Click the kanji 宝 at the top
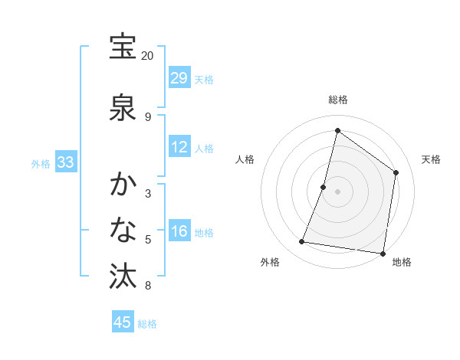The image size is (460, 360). click(x=123, y=47)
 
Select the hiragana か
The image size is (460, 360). click(x=123, y=185)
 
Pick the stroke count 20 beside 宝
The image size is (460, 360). click(x=148, y=56)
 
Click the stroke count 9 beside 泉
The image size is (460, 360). click(x=148, y=117)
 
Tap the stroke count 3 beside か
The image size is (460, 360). click(x=148, y=194)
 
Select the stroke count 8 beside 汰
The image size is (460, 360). click(x=148, y=286)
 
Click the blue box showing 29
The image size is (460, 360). click(x=179, y=78)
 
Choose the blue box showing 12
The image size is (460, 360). click(x=179, y=148)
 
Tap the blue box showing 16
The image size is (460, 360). click(x=179, y=232)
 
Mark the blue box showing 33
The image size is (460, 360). click(x=65, y=162)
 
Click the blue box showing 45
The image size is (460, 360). click(x=123, y=322)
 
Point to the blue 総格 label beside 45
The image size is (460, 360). click(x=147, y=324)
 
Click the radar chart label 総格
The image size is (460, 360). click(x=337, y=100)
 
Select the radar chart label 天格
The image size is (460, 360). click(x=431, y=159)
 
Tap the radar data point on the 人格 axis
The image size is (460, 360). click(x=324, y=187)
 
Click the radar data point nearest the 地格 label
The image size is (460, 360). click(x=383, y=254)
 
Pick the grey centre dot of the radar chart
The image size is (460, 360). click(x=337, y=191)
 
